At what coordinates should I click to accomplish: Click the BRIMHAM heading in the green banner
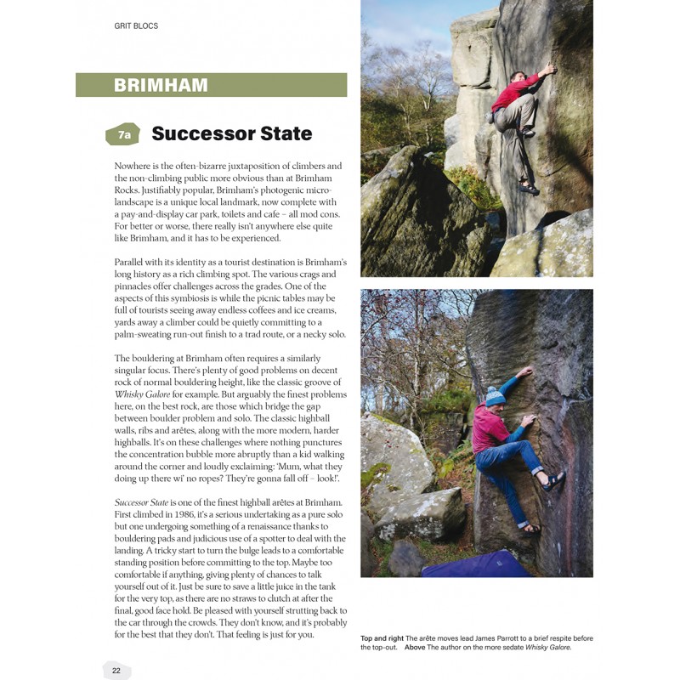pos(161,85)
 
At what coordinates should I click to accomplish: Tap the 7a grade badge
pos(124,134)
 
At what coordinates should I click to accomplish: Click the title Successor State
pos(231,133)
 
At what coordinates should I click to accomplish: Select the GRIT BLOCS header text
pos(136,26)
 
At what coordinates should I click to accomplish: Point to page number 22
pos(116,670)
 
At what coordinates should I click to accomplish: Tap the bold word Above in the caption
pos(416,648)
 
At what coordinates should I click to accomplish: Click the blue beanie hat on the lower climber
pos(495,396)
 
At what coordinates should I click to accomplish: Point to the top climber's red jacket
pos(514,92)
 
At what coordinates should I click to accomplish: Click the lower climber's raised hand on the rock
pos(527,371)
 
